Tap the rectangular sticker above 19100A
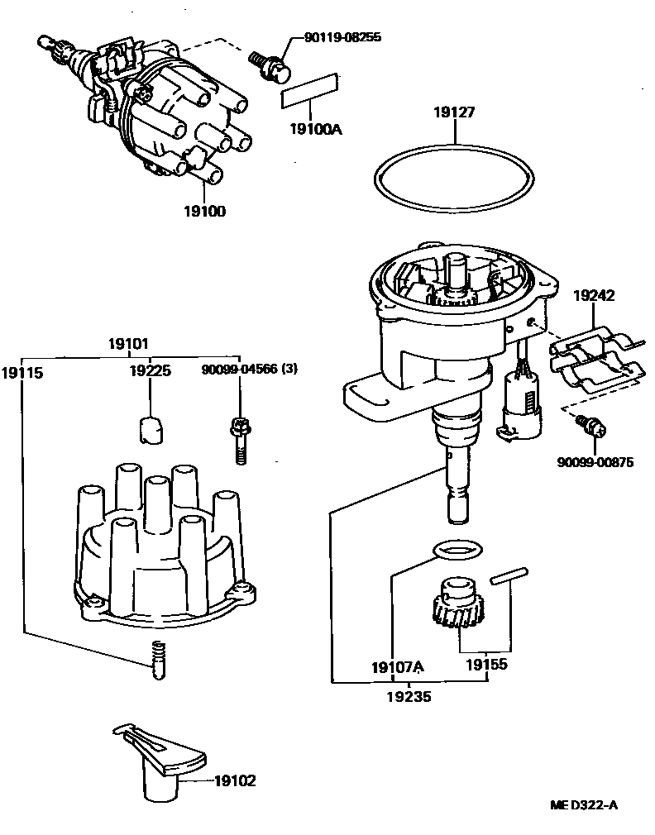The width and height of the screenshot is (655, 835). pos(310,90)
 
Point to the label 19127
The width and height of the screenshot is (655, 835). pos(454,113)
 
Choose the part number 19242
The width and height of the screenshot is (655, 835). pos(594,293)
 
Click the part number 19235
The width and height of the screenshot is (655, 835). pos(409,697)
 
